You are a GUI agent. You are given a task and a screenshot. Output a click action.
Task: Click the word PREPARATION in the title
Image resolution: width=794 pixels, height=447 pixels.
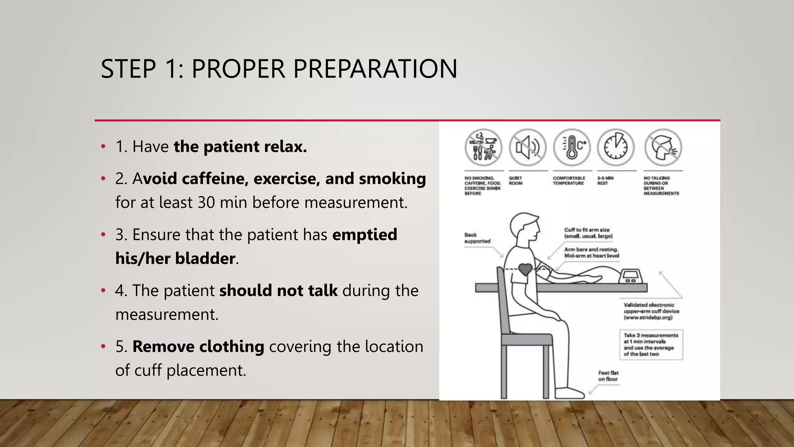375,69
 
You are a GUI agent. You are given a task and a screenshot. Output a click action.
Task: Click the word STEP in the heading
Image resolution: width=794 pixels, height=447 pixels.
128,69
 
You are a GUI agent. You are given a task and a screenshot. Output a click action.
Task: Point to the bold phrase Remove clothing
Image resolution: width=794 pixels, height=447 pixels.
198,347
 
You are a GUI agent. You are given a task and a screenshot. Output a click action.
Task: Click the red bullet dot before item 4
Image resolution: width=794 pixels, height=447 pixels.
103,291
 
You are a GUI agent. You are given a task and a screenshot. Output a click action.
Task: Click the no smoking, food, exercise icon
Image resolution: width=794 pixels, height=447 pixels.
483,148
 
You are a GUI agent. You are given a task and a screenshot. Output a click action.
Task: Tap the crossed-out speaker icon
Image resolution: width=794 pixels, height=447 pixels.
528,148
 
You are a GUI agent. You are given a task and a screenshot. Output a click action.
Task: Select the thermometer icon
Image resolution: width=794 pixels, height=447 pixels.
571,148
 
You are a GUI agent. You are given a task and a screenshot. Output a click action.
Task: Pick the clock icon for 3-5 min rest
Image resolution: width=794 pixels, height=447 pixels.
616,148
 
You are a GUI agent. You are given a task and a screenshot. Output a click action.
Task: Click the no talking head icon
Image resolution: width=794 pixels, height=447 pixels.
663,148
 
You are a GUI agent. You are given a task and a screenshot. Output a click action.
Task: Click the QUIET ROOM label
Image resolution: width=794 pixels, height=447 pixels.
516,181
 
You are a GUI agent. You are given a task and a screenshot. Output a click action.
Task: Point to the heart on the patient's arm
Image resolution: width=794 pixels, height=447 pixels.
525,269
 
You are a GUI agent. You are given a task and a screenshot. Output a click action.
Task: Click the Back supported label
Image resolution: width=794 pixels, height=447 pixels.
477,238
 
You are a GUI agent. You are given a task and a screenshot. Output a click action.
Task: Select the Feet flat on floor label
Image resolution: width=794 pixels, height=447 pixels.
608,376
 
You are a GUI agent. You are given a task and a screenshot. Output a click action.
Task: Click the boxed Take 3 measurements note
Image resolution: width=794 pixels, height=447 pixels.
651,345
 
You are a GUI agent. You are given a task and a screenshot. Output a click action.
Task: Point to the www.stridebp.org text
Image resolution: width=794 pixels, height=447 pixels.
648,317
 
